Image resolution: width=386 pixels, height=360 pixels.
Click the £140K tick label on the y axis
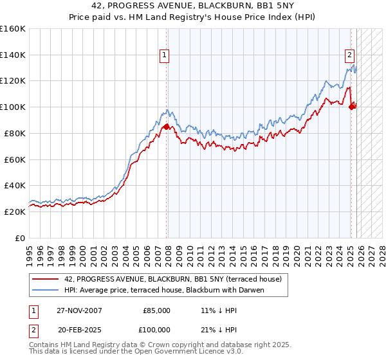click(13, 55)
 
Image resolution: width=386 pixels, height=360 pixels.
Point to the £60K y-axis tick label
click(15, 159)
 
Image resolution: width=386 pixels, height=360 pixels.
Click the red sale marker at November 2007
click(167, 127)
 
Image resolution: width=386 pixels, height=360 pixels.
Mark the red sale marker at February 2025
click(351, 107)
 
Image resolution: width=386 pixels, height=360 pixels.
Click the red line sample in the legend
click(46, 279)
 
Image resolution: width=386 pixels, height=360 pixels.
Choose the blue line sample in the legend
click(46, 290)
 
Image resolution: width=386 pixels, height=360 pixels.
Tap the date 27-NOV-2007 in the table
click(78, 310)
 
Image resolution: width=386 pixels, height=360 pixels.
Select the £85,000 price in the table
click(156, 310)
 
